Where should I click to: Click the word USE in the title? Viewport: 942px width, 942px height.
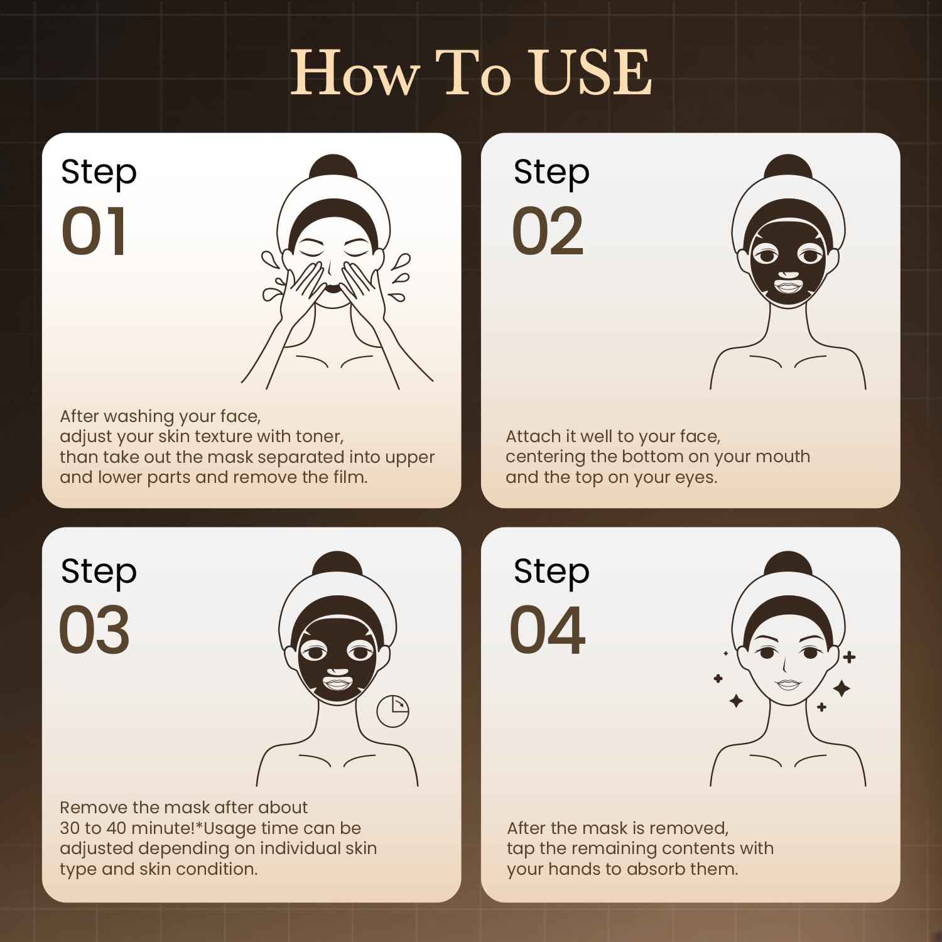[x=589, y=73]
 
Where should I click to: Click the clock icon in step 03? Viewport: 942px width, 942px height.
[x=392, y=711]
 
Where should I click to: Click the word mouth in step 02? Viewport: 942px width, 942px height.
[x=783, y=457]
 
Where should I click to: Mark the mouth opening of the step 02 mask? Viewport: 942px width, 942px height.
[x=788, y=286]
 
